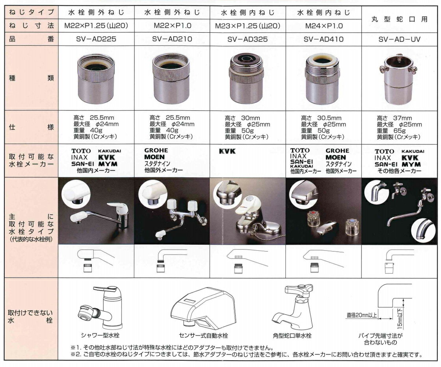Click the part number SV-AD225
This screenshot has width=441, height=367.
(x=96, y=39)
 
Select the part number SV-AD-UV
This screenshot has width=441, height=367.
(x=399, y=39)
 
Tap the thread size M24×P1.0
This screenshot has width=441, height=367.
(x=324, y=26)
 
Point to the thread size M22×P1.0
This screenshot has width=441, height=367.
(x=172, y=26)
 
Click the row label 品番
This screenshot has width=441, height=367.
(x=31, y=39)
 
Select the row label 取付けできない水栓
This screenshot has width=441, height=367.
(x=30, y=317)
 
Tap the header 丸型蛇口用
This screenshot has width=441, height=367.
(x=399, y=19)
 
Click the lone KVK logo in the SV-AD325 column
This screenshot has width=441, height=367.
(x=227, y=151)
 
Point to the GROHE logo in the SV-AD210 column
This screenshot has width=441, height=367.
(x=156, y=151)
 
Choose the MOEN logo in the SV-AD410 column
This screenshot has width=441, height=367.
(x=336, y=158)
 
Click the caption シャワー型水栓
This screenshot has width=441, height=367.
(x=100, y=335)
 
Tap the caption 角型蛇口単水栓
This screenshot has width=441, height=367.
(x=292, y=335)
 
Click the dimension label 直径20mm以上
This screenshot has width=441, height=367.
(x=362, y=315)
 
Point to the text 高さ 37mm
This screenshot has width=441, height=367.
(x=394, y=118)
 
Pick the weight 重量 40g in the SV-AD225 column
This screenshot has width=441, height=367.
(x=88, y=130)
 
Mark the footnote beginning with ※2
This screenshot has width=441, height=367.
(x=246, y=355)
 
